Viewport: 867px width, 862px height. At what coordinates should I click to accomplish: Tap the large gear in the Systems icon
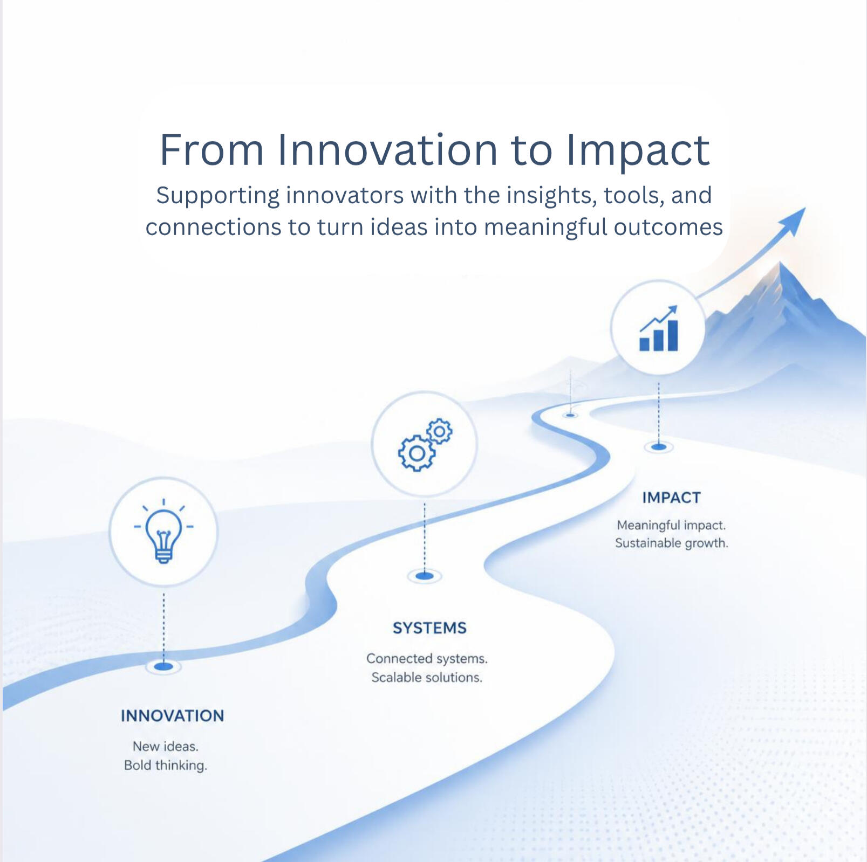pos(417,453)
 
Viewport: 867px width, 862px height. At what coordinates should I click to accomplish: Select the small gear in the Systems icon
pos(440,431)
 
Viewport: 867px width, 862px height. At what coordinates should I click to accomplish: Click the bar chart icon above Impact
pos(658,328)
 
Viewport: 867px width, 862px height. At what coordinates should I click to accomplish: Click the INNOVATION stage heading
pos(172,715)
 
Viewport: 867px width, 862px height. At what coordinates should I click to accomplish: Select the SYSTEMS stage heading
pos(429,628)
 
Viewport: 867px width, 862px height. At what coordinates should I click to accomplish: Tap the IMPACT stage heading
pos(671,498)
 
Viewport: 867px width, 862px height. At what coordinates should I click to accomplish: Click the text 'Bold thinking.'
pos(166,766)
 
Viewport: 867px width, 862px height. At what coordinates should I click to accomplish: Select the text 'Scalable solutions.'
pos(427,678)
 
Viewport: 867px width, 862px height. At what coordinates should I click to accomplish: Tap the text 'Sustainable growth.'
pos(671,543)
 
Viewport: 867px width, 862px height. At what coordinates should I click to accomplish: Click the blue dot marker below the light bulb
pos(163,667)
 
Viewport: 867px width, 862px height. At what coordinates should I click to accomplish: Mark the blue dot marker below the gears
pos(425,576)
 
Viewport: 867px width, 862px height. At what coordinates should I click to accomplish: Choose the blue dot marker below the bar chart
pos(658,447)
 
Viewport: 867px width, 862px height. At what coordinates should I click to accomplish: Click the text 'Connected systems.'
pos(427,659)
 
